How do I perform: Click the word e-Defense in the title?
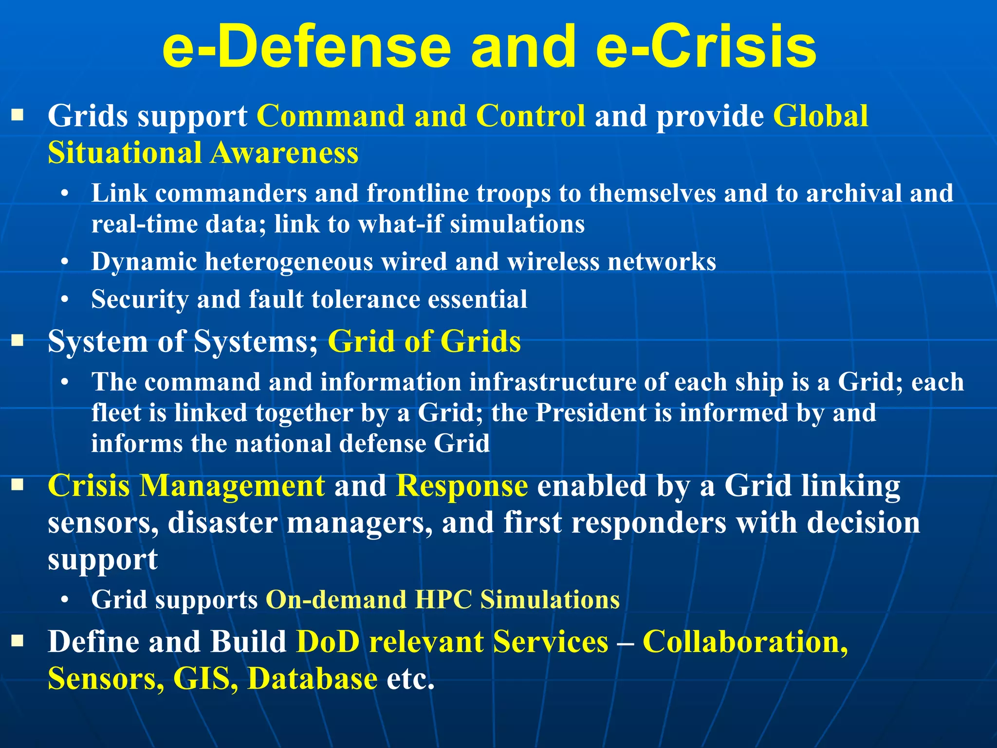tap(307, 47)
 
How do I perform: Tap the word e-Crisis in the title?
tap(706, 47)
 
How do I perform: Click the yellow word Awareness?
tap(285, 152)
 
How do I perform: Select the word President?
tap(591, 413)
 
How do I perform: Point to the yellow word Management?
tap(232, 486)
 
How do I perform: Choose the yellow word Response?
tap(462, 486)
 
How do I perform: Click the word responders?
tap(649, 523)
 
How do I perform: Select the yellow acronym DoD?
tap(328, 642)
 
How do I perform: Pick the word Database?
tap(312, 678)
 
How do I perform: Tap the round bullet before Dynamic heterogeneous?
tap(65, 262)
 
